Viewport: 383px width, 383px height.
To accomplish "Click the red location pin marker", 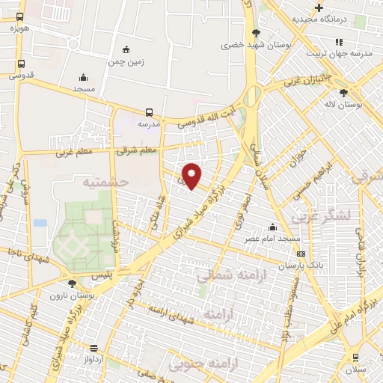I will (x=192, y=176).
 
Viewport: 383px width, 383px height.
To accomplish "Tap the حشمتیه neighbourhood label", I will (x=105, y=182).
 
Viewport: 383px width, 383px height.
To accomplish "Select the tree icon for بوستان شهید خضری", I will (x=256, y=33).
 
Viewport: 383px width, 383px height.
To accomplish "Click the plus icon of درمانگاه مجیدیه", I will (x=319, y=7).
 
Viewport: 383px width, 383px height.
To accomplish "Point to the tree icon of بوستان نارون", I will (x=72, y=284).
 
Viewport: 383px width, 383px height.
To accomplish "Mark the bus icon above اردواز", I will (x=93, y=348).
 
